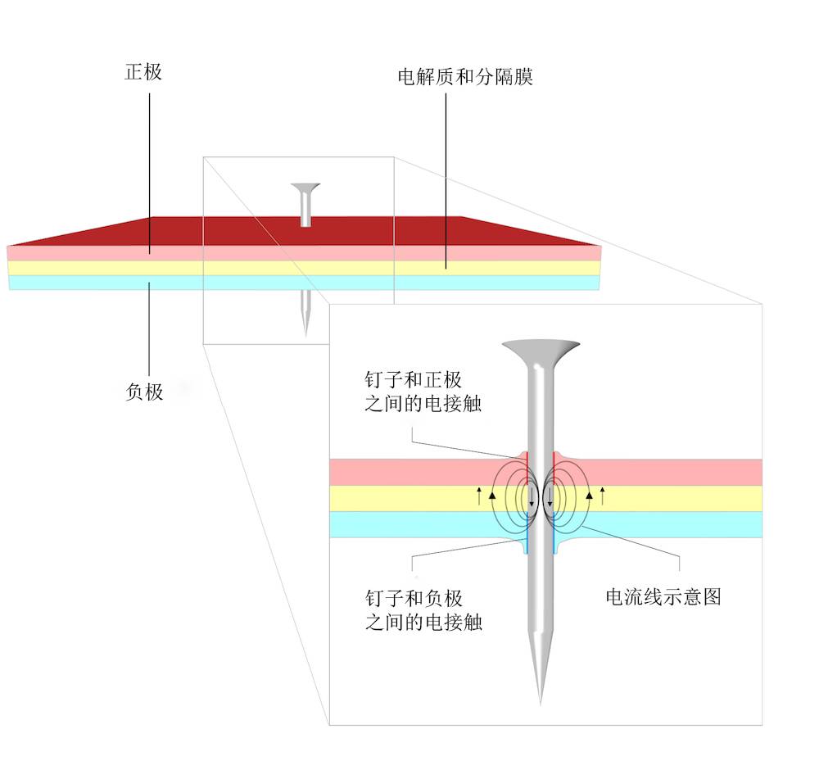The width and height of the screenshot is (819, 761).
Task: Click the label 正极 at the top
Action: coord(143,72)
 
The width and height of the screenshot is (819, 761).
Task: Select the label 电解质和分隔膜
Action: coord(465,78)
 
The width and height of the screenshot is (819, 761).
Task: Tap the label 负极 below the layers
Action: coord(144,392)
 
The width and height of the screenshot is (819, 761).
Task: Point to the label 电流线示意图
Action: coord(663,596)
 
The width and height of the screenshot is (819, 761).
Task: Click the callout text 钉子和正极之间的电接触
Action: coord(414,392)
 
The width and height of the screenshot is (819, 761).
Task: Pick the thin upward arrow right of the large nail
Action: coord(602,494)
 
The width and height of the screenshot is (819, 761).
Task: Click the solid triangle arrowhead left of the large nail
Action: coord(492,495)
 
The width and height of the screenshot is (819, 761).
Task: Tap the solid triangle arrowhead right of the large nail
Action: coord(589,495)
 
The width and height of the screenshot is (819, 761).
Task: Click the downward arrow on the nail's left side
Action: coord(532,500)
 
